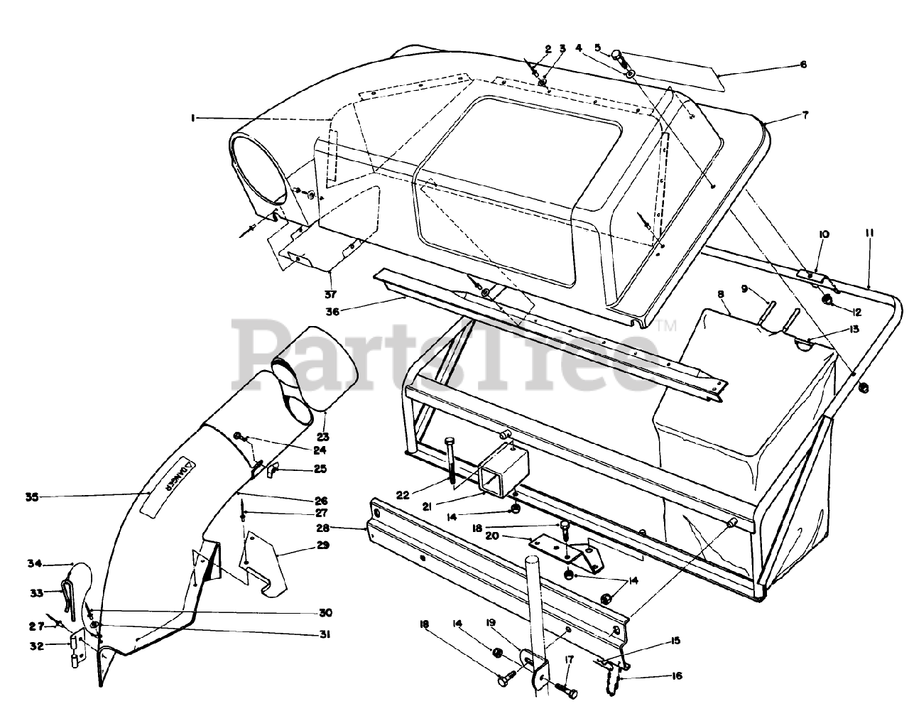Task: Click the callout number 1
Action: pyautogui.click(x=192, y=119)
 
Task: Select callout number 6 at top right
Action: pyautogui.click(x=803, y=65)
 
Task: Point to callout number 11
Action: pyautogui.click(x=869, y=232)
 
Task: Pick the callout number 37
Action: pyautogui.click(x=330, y=293)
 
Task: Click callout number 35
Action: pyautogui.click(x=31, y=497)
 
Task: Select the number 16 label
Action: pyautogui.click(x=675, y=676)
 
